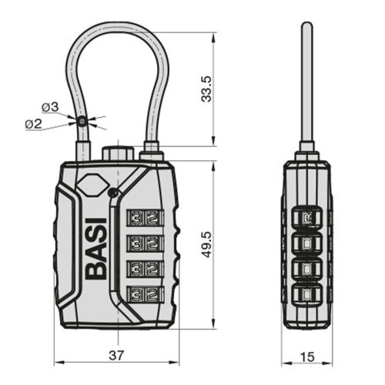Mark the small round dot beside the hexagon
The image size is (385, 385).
112,192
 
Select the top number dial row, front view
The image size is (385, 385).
146,217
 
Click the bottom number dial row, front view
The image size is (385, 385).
146,294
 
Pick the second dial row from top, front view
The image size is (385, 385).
146,243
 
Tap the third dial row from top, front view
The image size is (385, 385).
146,269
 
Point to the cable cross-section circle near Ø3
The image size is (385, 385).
81,119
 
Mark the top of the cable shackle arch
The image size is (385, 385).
114,34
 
